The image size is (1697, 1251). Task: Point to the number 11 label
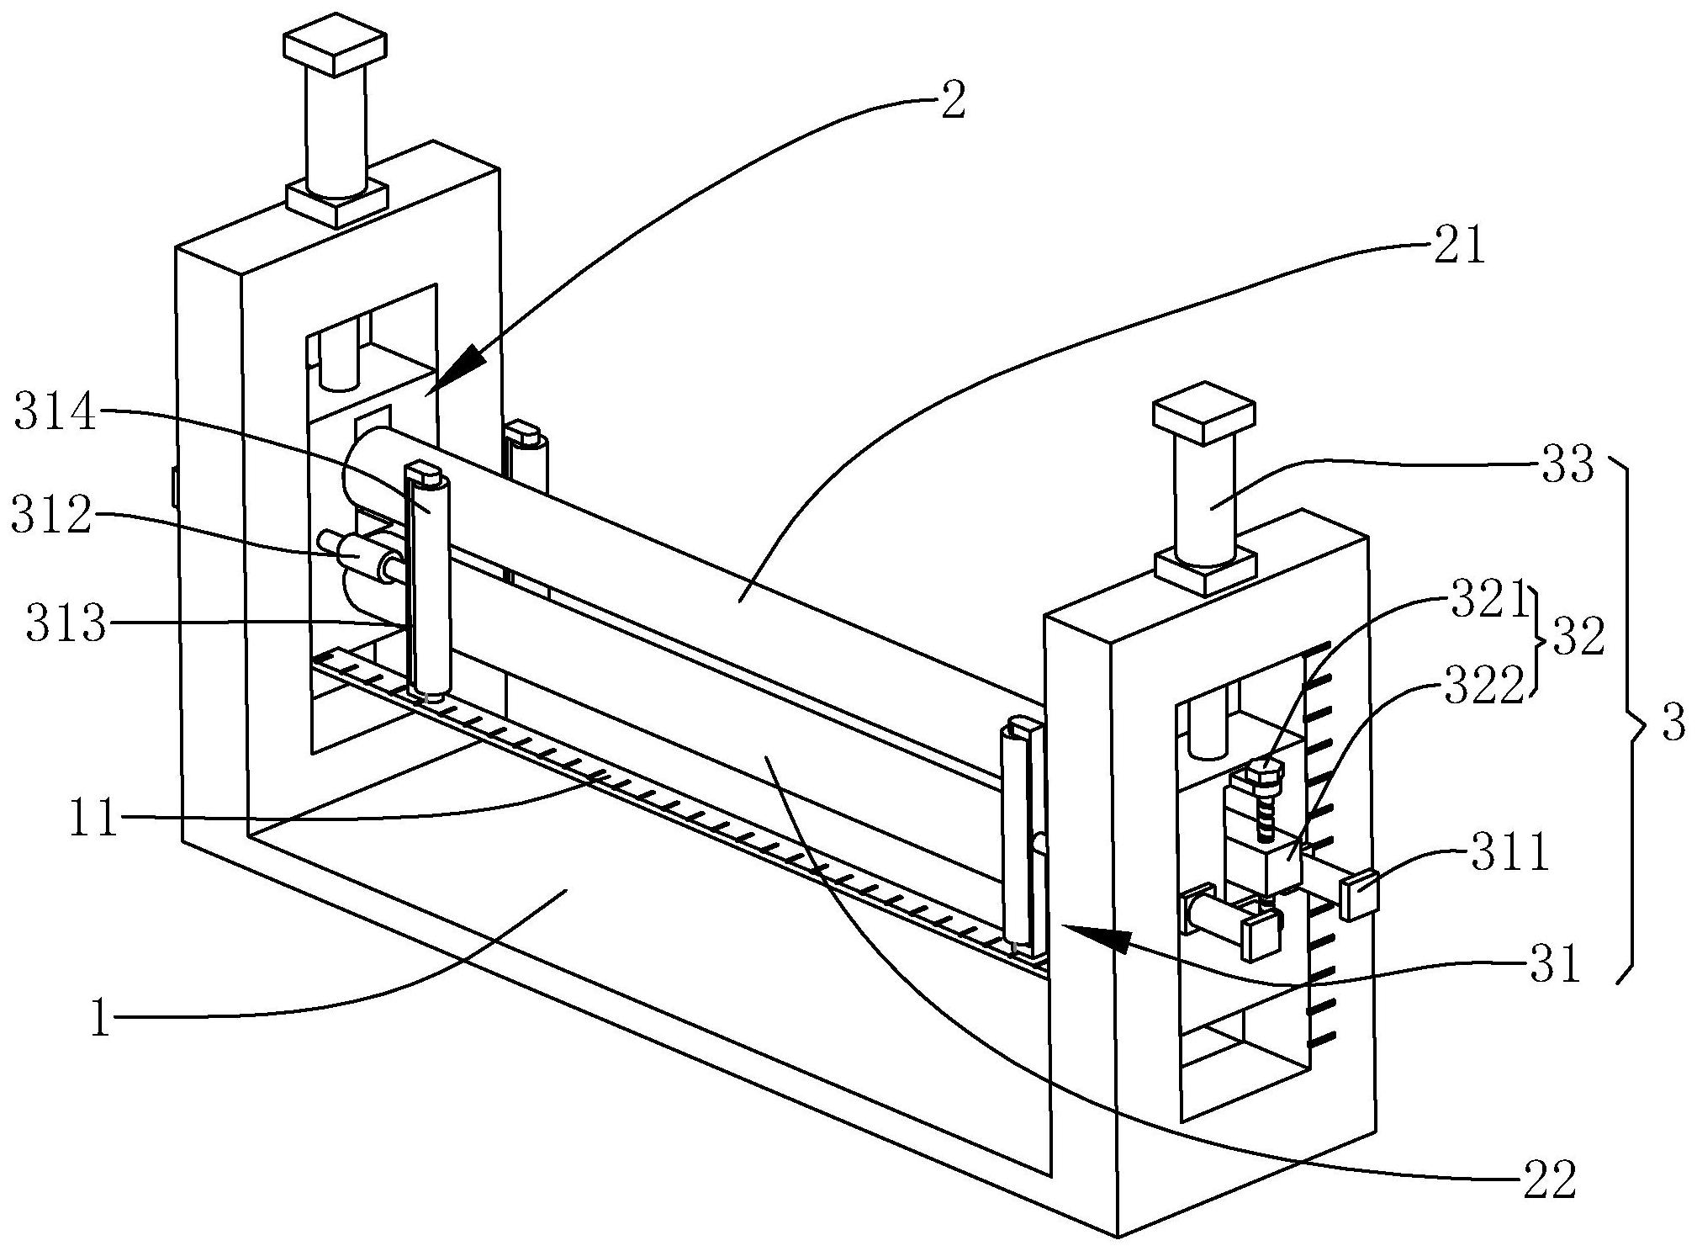[93, 819]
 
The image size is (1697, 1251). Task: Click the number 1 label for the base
[101, 1020]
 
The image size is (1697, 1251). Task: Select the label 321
[1488, 602]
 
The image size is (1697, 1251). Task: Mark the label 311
[1509, 854]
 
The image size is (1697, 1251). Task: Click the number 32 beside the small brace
[1578, 639]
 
